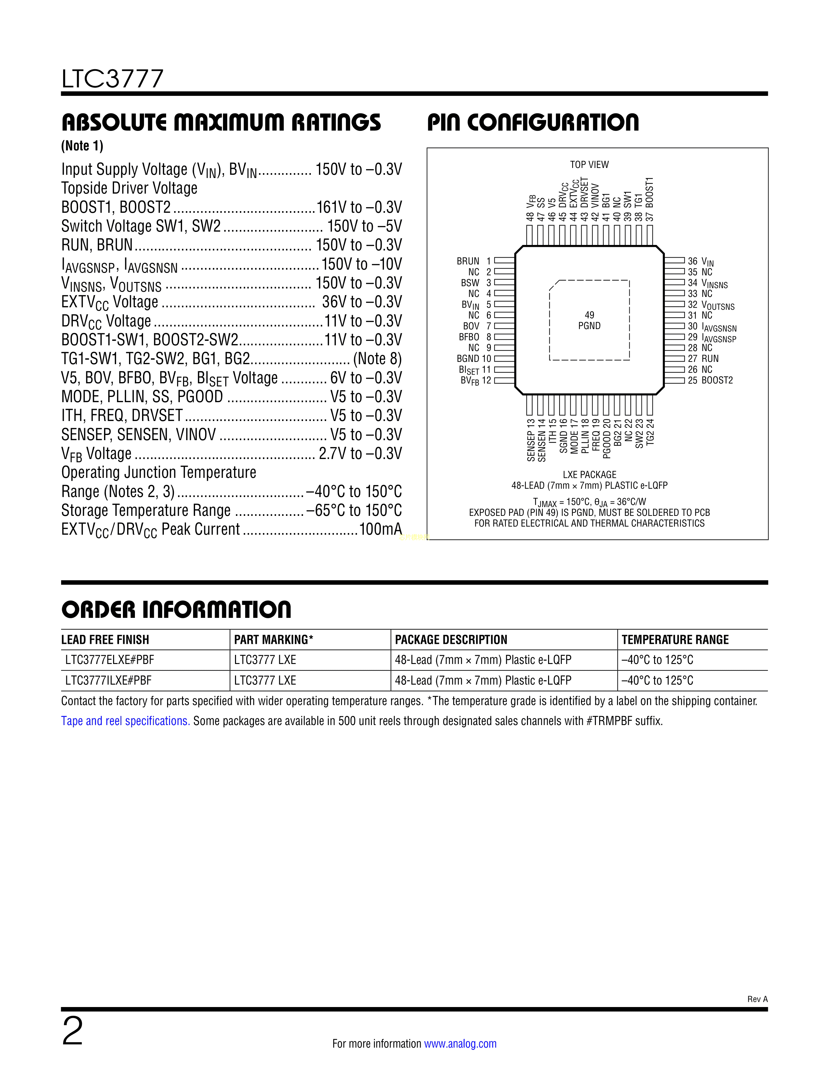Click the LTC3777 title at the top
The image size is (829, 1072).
pos(112,79)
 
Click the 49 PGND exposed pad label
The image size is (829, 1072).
pos(589,321)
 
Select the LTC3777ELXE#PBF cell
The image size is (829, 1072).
pos(110,660)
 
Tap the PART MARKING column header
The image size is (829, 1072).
pos(273,640)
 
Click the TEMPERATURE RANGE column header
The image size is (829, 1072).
pos(675,640)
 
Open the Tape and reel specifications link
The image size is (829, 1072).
pos(125,721)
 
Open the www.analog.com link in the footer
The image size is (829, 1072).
pos(460,1043)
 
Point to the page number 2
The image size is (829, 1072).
pos(73,1031)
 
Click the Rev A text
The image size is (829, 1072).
pos(757,999)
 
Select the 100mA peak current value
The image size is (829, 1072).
pos(381,529)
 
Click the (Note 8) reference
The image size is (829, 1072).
pos(377,359)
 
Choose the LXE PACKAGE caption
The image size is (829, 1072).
pos(589,475)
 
